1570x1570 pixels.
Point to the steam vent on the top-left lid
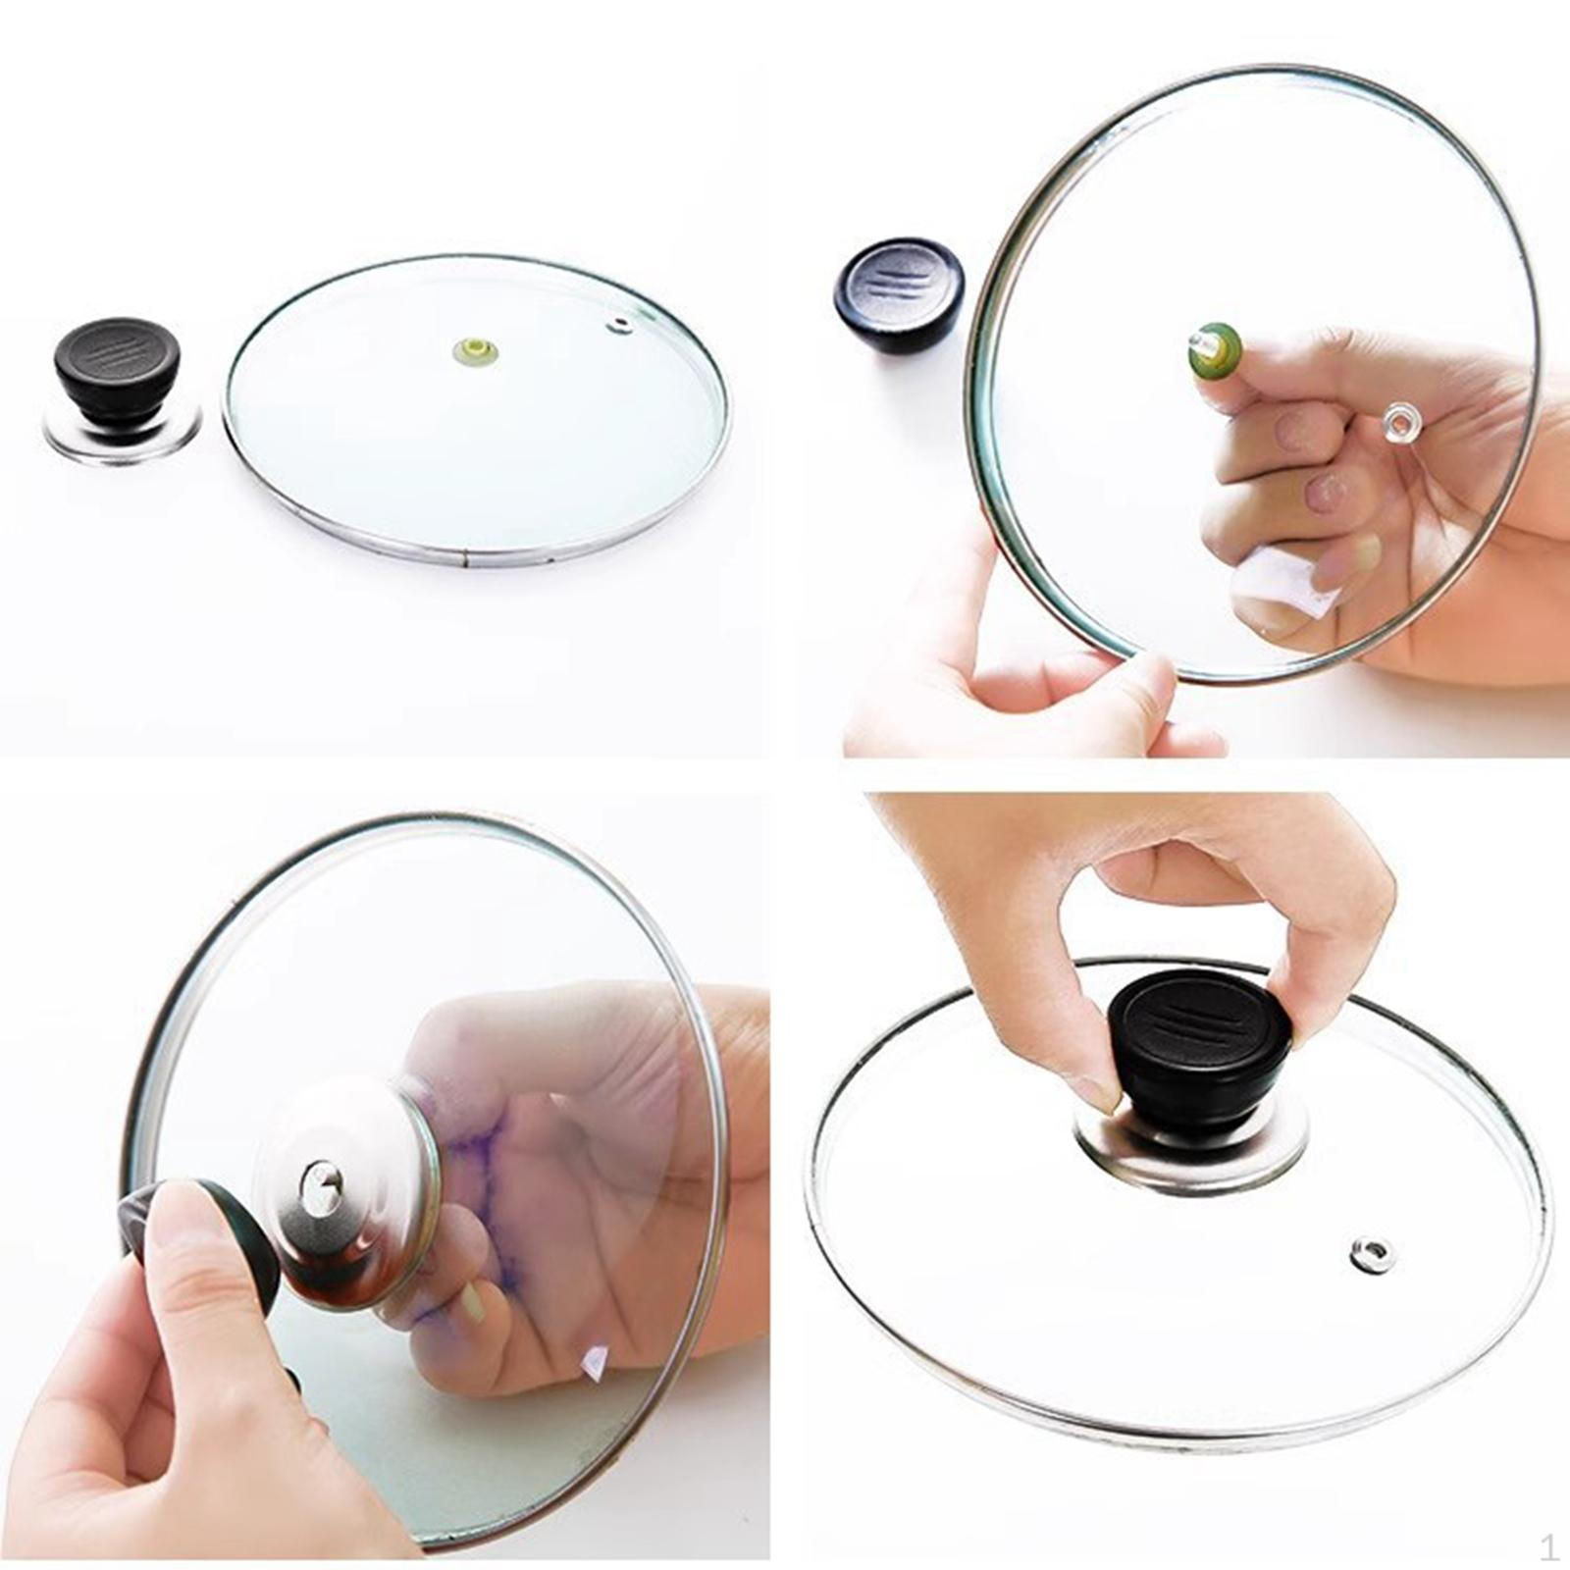click(x=619, y=326)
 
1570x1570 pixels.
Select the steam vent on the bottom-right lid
click(x=1370, y=1252)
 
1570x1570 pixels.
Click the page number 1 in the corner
click(x=1548, y=1547)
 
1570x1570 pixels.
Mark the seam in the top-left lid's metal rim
click(x=464, y=564)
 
